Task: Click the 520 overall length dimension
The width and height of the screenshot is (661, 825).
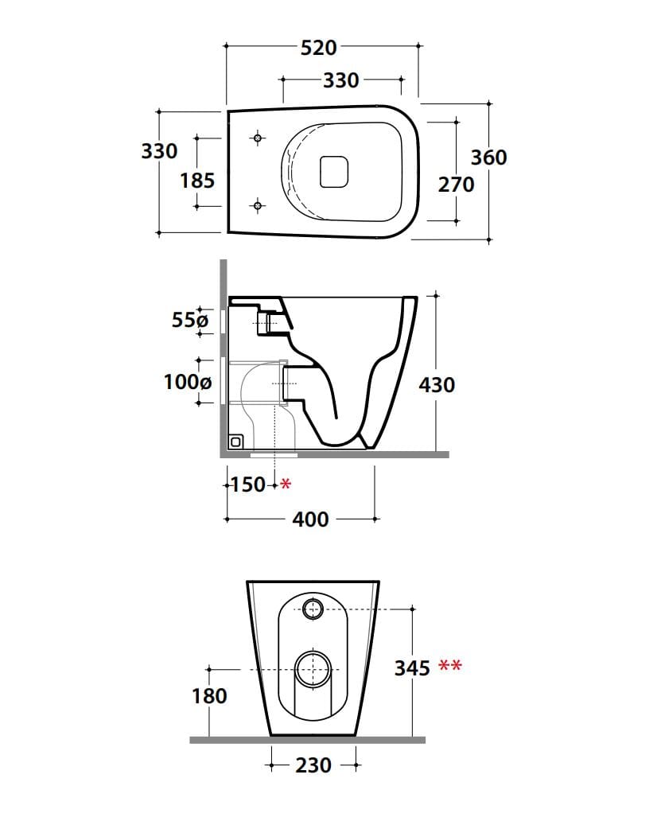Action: click(318, 48)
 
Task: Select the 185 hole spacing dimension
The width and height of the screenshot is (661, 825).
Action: click(196, 181)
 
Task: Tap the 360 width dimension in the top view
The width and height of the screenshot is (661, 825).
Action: click(488, 158)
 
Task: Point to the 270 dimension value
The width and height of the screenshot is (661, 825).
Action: click(456, 185)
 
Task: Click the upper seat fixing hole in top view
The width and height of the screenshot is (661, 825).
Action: click(257, 138)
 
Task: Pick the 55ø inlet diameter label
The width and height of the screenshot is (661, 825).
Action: click(189, 321)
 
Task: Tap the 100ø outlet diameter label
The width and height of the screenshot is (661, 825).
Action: click(188, 382)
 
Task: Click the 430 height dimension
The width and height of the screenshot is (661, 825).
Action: click(437, 385)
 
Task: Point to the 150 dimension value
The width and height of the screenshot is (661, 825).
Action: click(247, 484)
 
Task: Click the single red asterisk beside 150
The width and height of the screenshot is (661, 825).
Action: click(286, 484)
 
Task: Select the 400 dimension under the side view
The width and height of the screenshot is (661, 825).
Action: click(310, 520)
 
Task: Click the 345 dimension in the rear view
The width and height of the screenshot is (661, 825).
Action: click(413, 667)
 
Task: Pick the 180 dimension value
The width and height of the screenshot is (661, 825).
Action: click(209, 696)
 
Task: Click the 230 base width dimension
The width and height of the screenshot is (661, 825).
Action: click(313, 765)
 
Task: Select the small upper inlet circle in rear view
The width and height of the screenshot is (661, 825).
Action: click(313, 610)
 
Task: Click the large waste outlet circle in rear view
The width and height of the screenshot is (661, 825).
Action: click(313, 668)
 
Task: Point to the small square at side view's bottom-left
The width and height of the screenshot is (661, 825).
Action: click(235, 441)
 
